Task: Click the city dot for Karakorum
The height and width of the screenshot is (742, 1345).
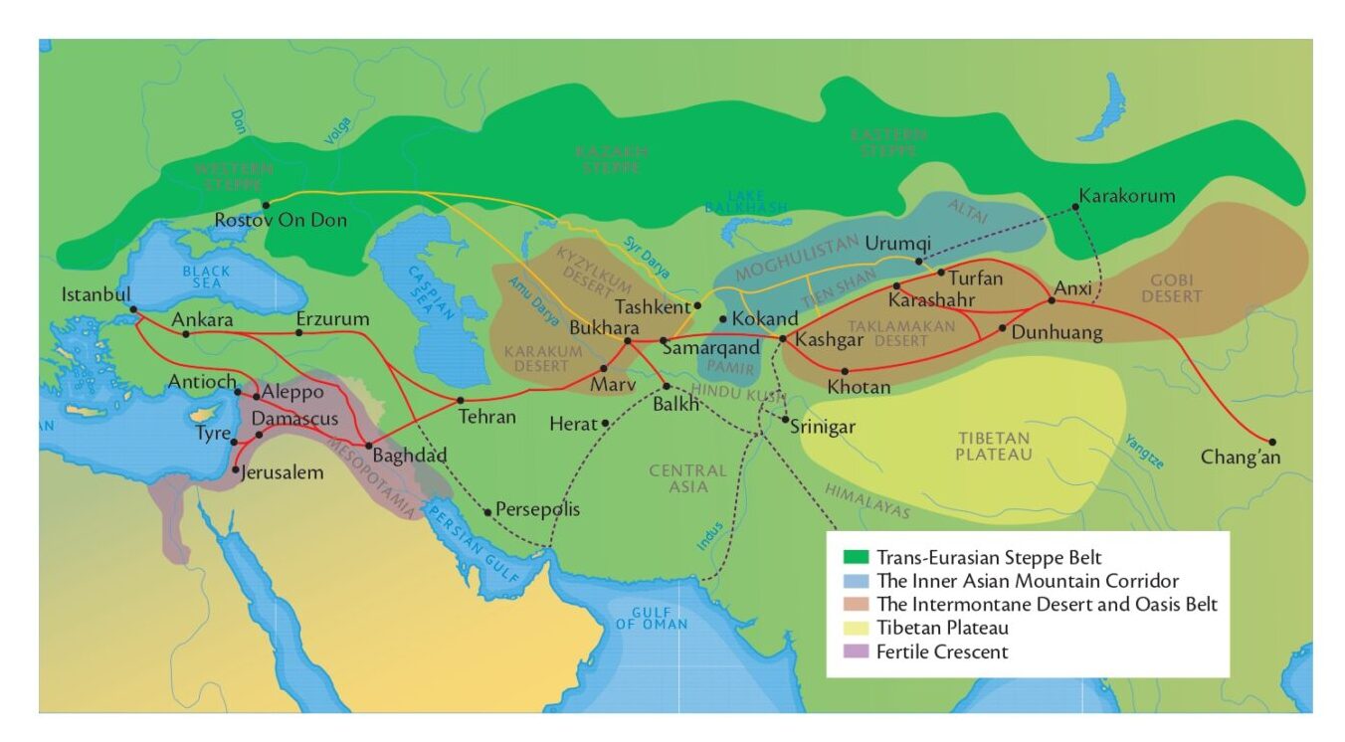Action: click(x=1076, y=207)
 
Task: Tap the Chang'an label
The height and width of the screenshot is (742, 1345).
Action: click(x=1241, y=458)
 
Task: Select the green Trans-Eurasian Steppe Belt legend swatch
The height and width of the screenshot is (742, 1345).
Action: click(x=855, y=557)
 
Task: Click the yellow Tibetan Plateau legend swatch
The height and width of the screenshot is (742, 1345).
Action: click(x=855, y=629)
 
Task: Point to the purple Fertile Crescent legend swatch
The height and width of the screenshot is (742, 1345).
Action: click(x=855, y=652)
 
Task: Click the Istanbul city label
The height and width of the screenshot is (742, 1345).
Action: click(x=96, y=295)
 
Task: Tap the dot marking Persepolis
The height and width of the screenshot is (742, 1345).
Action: click(x=488, y=512)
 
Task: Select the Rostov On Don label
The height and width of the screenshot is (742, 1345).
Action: click(x=282, y=220)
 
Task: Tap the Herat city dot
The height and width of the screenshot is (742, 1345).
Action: click(x=605, y=424)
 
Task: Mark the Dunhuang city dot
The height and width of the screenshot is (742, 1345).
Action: click(x=1003, y=327)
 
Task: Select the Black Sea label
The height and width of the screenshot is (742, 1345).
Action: click(x=206, y=278)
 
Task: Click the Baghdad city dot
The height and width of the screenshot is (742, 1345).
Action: click(x=369, y=446)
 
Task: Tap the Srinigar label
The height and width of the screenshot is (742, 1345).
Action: click(x=823, y=427)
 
